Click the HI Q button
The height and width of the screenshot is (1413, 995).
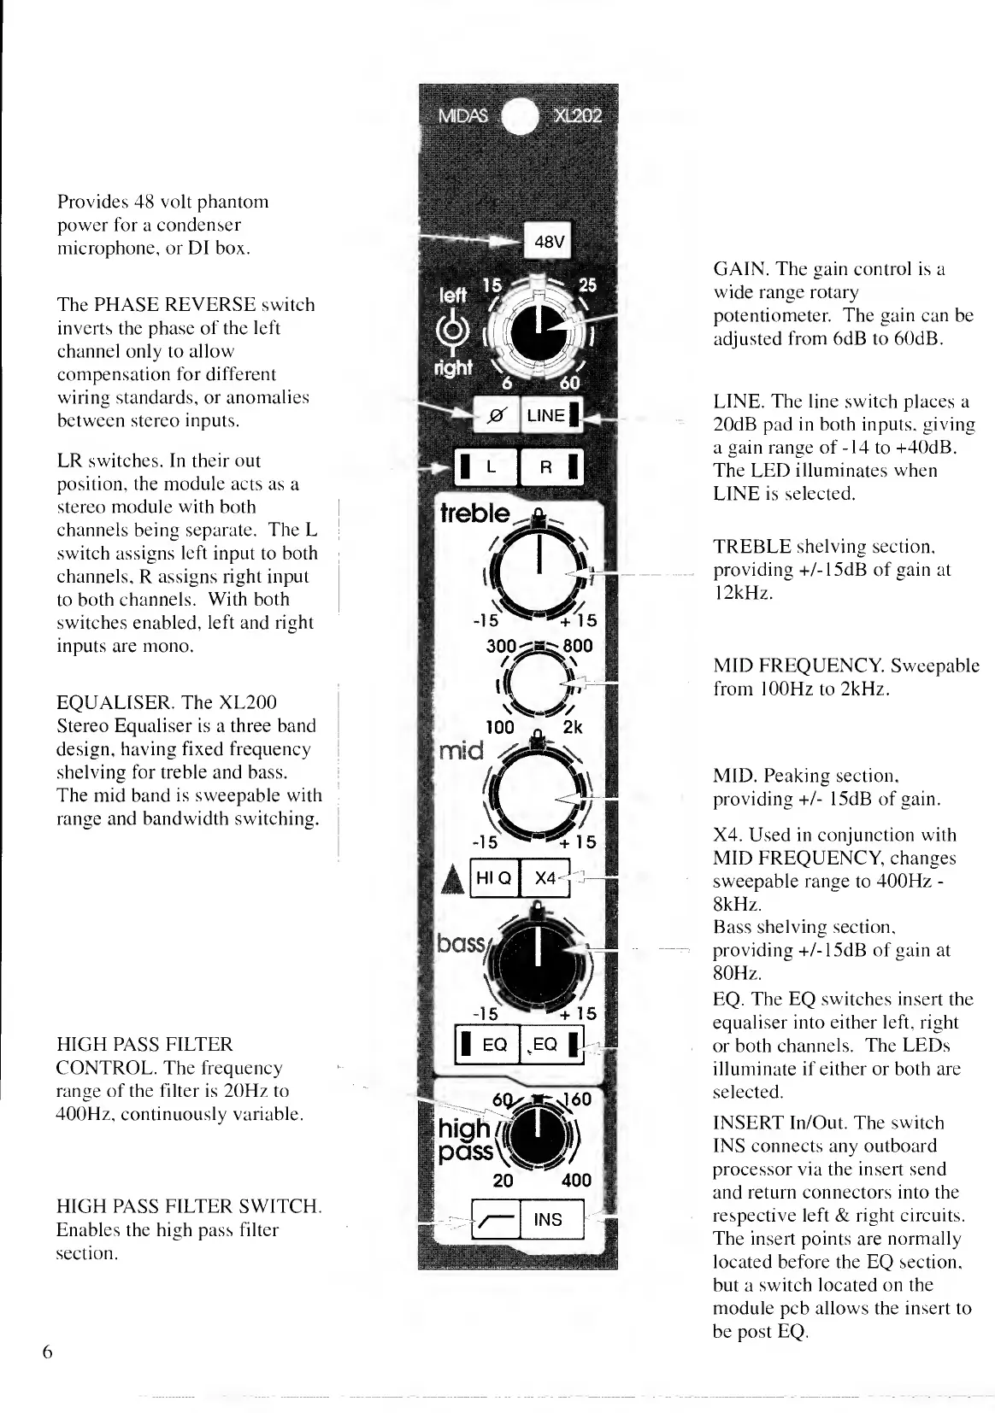(494, 878)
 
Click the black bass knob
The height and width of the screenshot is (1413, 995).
(539, 959)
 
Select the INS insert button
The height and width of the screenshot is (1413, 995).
(548, 1219)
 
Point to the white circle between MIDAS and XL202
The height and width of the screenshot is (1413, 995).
(521, 118)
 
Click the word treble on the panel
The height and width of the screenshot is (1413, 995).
(474, 514)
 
